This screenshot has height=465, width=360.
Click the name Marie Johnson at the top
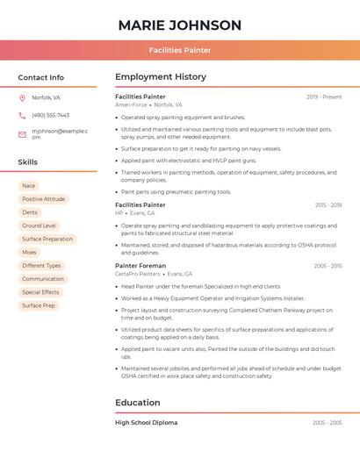(x=179, y=25)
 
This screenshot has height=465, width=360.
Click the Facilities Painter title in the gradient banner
(x=179, y=50)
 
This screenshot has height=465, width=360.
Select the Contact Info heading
(x=41, y=77)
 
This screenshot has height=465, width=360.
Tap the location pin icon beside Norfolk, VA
(x=22, y=97)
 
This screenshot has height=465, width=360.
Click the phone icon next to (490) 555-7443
(x=22, y=115)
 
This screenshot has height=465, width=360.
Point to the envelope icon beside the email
(x=22, y=134)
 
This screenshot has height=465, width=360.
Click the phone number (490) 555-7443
(x=50, y=115)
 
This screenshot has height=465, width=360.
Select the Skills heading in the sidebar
(x=28, y=162)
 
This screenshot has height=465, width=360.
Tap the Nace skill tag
(x=29, y=185)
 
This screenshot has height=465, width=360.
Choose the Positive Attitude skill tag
(x=43, y=199)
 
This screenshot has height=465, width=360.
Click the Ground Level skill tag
(x=39, y=225)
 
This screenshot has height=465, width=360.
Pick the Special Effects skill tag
(x=40, y=292)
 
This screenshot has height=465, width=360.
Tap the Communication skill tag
(x=43, y=279)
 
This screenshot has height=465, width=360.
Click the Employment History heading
(x=161, y=77)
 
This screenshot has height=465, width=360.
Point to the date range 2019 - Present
(x=324, y=97)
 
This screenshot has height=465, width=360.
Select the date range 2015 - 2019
(x=328, y=205)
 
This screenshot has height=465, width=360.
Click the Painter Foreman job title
(x=140, y=265)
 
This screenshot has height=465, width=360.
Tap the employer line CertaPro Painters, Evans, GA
(x=154, y=274)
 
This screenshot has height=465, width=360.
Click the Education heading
(x=138, y=403)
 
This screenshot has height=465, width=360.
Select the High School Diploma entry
(x=147, y=423)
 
